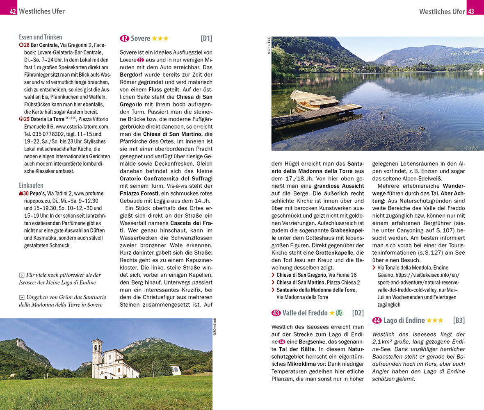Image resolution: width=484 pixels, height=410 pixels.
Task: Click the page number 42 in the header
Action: point(13,11)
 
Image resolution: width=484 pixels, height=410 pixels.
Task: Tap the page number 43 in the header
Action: point(471,11)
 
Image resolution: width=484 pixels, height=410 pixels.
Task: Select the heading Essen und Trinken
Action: point(40,37)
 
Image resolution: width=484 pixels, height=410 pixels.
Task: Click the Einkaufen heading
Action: point(31,185)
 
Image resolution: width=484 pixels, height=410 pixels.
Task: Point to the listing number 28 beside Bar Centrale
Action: point(26,45)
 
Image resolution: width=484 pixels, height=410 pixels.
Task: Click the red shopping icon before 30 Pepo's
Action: point(21,194)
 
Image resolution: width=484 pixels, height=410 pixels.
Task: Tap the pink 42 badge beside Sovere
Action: point(124,39)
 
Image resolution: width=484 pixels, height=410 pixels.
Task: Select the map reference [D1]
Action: point(206,39)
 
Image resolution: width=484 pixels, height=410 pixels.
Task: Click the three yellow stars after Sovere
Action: point(160,39)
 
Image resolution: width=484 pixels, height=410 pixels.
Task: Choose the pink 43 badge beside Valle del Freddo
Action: point(276,313)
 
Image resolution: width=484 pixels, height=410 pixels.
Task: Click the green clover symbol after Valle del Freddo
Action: point(339,313)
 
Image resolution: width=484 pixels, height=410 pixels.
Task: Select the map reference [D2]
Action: point(358,313)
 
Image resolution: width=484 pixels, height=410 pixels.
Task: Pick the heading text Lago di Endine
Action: point(404,321)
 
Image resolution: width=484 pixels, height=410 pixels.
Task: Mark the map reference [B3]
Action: point(459,321)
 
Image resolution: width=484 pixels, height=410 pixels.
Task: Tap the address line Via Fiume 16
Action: point(342,275)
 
